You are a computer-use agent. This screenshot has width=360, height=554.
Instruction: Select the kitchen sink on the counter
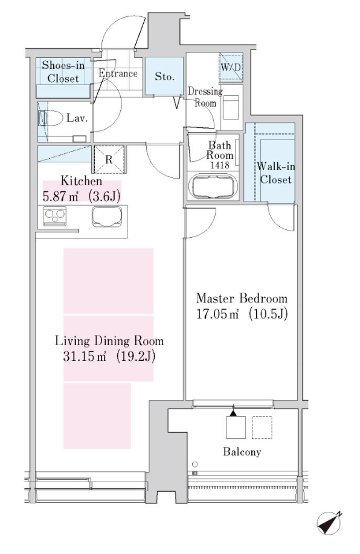coord(107,216)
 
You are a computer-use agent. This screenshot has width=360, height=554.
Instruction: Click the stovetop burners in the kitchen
coord(54,216)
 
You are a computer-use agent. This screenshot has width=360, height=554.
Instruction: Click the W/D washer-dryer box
coord(231,67)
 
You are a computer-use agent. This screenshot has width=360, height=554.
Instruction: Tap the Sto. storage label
coord(164,76)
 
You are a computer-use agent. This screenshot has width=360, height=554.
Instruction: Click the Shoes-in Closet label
coord(63,71)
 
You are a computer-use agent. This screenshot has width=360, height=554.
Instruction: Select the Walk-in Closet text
coord(276,173)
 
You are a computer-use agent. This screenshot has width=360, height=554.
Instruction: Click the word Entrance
coord(118,73)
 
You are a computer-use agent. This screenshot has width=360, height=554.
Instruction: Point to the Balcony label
coord(242,451)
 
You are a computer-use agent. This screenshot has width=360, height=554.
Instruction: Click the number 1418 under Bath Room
coord(220,165)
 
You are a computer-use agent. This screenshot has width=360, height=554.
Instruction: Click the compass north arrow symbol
coord(329,523)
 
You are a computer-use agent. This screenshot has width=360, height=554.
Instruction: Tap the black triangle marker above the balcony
coord(233,412)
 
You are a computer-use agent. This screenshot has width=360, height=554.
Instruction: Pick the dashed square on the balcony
coord(262,427)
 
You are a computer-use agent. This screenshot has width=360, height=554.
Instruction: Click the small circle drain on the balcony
coord(195,464)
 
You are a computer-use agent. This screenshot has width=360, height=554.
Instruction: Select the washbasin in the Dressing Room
coord(231,107)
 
